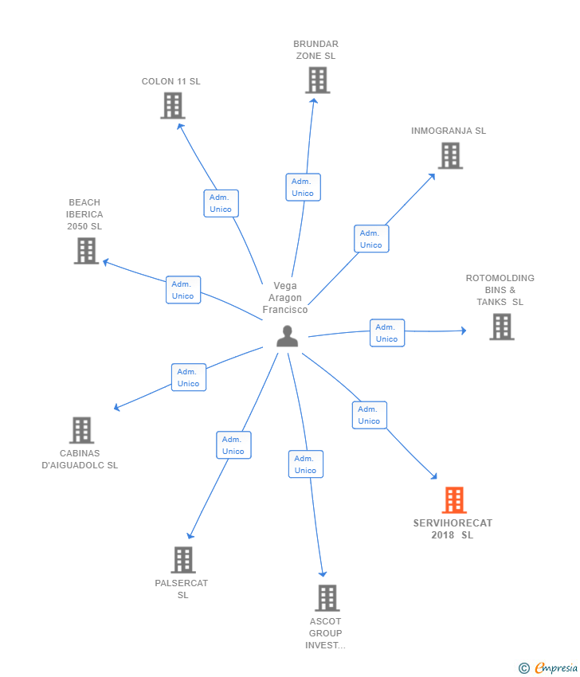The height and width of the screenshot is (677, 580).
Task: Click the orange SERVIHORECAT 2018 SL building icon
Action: [x=453, y=500]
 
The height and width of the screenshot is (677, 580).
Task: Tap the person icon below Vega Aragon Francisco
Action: [x=287, y=337]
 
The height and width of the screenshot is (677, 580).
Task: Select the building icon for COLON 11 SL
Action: [x=172, y=105]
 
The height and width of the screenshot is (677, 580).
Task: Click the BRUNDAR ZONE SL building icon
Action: [x=317, y=80]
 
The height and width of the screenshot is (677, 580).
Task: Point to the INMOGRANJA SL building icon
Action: [x=450, y=155]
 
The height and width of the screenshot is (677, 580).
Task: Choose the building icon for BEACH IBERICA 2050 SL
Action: [x=86, y=250]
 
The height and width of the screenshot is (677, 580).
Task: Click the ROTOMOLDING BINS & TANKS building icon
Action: [x=501, y=327]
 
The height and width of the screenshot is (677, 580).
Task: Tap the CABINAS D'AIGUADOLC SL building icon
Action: [x=81, y=430]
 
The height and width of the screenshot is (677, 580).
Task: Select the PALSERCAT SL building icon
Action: [x=183, y=560]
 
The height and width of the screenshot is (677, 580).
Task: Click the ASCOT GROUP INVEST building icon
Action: [x=327, y=597]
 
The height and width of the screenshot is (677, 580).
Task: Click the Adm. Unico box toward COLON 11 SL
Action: [x=221, y=203]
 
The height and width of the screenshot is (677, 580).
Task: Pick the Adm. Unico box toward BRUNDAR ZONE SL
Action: [x=303, y=187]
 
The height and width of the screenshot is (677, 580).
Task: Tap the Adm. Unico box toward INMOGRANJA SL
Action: [x=371, y=239]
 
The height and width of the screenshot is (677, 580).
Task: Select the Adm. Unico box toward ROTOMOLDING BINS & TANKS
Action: [x=387, y=333]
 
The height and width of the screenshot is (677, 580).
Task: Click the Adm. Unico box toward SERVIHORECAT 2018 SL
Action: [x=369, y=415]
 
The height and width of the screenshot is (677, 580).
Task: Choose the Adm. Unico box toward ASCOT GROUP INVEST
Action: [x=306, y=464]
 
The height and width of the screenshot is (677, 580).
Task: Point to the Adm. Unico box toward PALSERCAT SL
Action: [x=233, y=445]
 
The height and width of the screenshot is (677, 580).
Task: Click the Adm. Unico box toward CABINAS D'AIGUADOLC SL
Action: [x=189, y=378]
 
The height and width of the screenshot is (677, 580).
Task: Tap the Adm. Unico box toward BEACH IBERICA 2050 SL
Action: [x=183, y=290]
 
